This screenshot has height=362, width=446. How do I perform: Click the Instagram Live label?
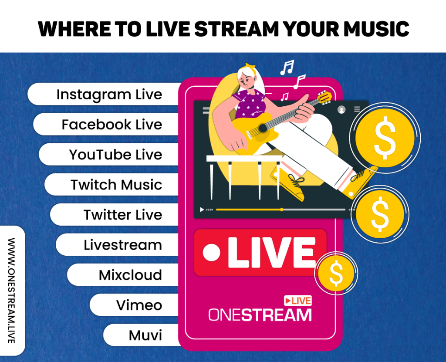(x=109, y=95)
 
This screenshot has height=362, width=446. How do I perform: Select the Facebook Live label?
(x=111, y=125)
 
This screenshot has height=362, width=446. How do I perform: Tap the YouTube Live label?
(x=115, y=155)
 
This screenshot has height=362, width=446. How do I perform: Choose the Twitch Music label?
(x=116, y=185)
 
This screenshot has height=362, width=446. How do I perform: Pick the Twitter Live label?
(x=123, y=215)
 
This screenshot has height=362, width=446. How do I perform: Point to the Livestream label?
(x=123, y=245)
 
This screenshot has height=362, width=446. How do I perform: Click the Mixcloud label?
(x=130, y=275)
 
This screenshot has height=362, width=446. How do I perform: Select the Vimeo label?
(x=139, y=305)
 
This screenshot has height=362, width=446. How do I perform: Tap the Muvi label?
(x=145, y=335)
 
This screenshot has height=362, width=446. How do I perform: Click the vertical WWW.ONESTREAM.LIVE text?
(x=12, y=290)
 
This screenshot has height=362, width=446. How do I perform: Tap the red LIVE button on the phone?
(x=260, y=252)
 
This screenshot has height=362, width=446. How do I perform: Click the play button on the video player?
(x=202, y=210)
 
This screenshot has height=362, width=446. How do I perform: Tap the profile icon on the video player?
(x=341, y=110)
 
